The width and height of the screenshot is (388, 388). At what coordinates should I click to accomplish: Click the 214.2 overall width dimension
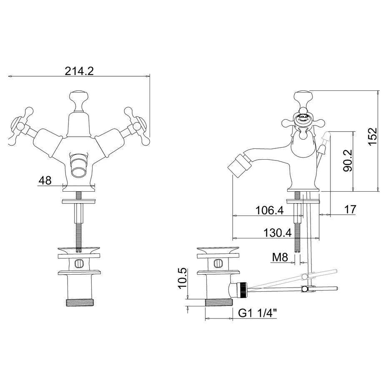click(x=79, y=71)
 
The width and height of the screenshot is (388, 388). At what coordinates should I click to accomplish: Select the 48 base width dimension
click(x=45, y=180)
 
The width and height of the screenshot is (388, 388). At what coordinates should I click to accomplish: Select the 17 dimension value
click(x=350, y=210)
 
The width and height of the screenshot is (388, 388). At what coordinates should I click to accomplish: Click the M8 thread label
click(x=280, y=258)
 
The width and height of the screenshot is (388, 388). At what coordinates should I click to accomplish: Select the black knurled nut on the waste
click(x=243, y=289)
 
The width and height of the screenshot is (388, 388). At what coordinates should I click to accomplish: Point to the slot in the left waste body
click(x=79, y=263)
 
